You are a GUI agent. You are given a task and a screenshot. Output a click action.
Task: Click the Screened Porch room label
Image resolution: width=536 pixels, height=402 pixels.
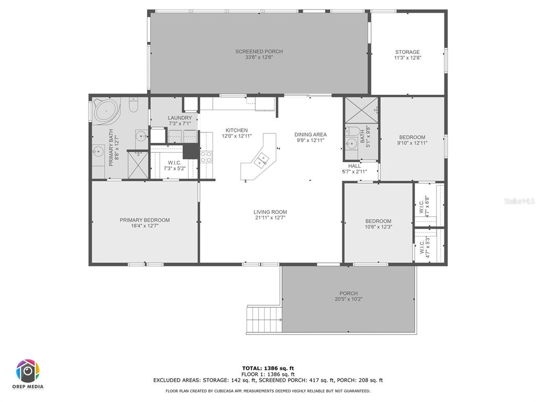click(259, 52)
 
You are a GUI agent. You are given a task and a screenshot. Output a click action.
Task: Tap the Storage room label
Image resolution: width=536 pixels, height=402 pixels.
click(407, 52)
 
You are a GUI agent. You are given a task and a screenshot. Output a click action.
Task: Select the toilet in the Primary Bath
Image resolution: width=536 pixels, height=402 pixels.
click(133, 105)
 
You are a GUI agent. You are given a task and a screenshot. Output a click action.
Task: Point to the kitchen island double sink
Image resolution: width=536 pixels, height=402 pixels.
click(261, 160)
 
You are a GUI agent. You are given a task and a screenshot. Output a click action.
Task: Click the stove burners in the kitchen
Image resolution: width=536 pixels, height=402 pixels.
click(206, 157)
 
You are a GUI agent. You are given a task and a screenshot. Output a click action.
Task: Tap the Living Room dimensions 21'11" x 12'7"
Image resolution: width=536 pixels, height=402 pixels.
click(270, 218)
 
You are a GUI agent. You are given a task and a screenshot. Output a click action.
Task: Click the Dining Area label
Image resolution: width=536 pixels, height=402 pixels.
click(310, 135)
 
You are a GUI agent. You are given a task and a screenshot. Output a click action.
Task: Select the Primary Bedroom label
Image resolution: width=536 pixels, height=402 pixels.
click(144, 220)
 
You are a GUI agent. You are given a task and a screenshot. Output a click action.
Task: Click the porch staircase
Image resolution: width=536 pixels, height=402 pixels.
click(264, 319)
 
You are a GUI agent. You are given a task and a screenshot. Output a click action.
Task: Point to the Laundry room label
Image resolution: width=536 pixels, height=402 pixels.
click(180, 118)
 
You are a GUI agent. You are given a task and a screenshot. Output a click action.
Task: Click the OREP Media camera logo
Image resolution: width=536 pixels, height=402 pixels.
click(28, 371)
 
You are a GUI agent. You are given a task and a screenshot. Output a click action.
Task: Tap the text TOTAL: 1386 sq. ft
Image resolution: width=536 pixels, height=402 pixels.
click(268, 368)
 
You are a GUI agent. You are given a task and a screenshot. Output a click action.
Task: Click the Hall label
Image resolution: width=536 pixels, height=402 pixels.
click(354, 166)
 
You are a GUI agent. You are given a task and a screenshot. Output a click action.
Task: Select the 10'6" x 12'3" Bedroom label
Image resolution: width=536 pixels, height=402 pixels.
click(378, 221)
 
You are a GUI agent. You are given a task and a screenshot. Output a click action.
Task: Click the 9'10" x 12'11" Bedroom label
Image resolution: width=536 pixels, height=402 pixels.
click(412, 138)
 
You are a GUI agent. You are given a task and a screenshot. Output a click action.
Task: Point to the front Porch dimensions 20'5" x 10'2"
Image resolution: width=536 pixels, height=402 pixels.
click(349, 299)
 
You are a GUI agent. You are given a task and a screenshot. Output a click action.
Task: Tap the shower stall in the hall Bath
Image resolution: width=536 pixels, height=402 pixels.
click(361, 110)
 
